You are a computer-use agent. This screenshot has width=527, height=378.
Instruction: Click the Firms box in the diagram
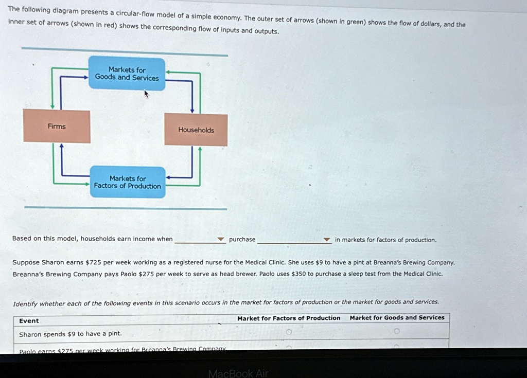coord(57,127)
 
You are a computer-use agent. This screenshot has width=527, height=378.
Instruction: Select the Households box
coord(196,130)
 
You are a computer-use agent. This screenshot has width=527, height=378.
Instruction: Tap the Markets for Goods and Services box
coord(127,74)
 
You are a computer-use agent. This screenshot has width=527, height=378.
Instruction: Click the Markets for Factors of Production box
coord(127,182)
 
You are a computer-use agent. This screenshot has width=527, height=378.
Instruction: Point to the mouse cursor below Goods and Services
coord(147,94)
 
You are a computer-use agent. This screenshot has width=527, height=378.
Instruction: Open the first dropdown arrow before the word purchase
coord(221,240)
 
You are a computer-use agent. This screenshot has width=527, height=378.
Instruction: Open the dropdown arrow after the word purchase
coord(326,240)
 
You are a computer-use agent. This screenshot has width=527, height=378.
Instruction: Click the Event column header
coord(29,321)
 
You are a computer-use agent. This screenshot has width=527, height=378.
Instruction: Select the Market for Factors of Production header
coord(289,318)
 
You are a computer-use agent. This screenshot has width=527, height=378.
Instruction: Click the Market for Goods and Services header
coord(397,318)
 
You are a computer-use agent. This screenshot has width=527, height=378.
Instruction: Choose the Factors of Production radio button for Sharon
coord(289,332)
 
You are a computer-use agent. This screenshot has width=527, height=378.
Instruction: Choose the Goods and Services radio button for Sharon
coord(396,332)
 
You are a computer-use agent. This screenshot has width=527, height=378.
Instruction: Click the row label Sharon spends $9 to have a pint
coord(71,334)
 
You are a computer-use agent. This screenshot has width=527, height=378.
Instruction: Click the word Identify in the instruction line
coord(25,303)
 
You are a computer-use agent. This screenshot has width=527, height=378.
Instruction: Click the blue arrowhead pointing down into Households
coord(192,110)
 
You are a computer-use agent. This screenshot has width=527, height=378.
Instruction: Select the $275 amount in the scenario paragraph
coord(147,274)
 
